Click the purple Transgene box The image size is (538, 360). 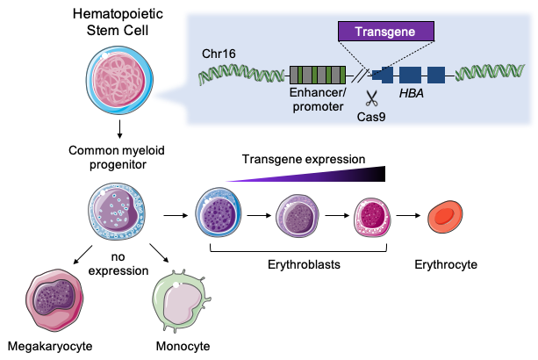pos(387,32)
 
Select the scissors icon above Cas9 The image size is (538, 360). pos(370,97)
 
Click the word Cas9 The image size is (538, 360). pos(371,115)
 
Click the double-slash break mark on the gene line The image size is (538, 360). pos(358,76)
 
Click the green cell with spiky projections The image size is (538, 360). pos(182,300)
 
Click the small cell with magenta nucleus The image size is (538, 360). pos(372,215)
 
